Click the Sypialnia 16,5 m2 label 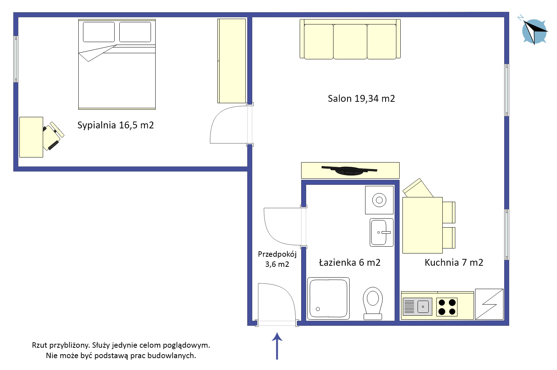116,125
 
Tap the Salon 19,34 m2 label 361,99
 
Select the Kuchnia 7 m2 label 454,262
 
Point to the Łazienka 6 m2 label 350,262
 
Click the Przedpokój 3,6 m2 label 277,259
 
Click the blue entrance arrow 277,346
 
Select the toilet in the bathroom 373,303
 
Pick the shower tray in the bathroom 328,298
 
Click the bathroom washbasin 381,232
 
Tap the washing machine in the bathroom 379,200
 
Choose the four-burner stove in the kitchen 447,307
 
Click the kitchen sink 417,307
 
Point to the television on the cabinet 349,170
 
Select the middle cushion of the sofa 350,42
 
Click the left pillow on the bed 99,32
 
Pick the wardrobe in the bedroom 232,61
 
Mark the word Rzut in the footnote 40,345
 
